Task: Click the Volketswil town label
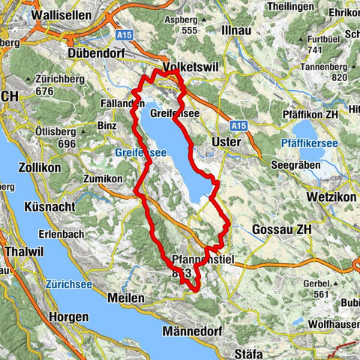point(184,66)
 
